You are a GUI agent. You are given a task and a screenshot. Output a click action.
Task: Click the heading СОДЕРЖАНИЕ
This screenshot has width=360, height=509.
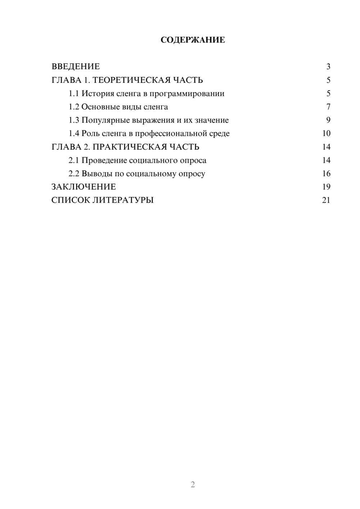[x=193, y=40]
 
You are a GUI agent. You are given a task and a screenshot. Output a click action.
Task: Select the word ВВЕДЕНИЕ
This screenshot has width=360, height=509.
[x=76, y=67]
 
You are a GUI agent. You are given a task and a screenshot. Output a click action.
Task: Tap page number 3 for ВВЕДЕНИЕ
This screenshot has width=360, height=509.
[x=328, y=67]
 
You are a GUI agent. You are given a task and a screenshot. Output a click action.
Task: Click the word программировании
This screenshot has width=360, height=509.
[x=187, y=94]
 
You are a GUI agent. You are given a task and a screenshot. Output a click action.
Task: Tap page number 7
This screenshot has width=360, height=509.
[x=328, y=107]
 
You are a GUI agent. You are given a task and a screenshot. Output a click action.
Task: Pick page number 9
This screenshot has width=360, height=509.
[x=328, y=120]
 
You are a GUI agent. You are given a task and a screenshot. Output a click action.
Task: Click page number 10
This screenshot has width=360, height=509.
[x=326, y=134]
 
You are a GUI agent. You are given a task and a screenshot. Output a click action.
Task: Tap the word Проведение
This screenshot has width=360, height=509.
[x=104, y=160]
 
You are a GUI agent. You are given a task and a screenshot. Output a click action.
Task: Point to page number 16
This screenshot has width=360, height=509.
[x=326, y=174]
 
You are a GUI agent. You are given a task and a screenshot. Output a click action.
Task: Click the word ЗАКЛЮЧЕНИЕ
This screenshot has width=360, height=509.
[x=84, y=187]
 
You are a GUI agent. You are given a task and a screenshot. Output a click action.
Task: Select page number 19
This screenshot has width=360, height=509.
[x=326, y=187]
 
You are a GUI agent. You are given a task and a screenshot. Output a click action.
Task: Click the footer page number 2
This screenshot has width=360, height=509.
[x=193, y=485]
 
